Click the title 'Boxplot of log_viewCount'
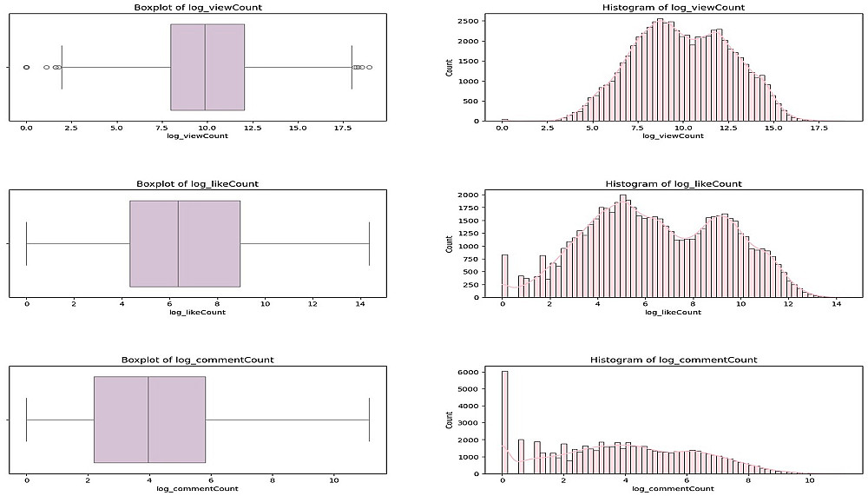[x=197, y=7]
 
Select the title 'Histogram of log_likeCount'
[x=673, y=184]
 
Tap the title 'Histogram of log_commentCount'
[x=673, y=360]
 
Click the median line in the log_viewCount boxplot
[x=205, y=67]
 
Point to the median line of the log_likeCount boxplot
[x=178, y=243]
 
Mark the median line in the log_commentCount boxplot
[x=148, y=420]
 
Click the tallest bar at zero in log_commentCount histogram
[x=505, y=422]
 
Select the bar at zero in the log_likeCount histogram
[x=505, y=276]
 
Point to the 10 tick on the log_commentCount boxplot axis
[x=334, y=479]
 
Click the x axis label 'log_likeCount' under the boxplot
[x=197, y=312]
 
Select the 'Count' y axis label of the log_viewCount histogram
[x=449, y=67]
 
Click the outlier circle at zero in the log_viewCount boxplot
[x=26, y=67]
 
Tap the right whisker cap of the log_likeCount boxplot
[x=369, y=243]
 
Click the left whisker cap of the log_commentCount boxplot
[x=27, y=420]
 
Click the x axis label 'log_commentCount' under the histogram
[x=673, y=489]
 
